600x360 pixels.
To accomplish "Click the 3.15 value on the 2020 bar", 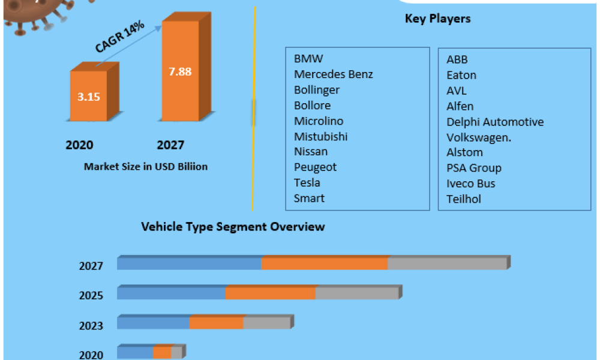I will pos(88,97).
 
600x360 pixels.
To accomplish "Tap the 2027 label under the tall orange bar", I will pos(170,145).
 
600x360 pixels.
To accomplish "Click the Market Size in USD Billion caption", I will pos(146,166).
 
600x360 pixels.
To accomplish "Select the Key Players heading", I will pos(437,19).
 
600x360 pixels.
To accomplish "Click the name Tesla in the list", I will pos(307,182).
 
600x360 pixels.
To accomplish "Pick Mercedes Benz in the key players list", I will pos(333,74).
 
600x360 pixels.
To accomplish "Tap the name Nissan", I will pos(311,151).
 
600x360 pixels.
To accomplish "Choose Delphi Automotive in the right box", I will pos(495,122).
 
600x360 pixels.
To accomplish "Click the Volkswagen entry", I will pos(479,137).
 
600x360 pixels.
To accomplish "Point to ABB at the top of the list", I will pos(457,59).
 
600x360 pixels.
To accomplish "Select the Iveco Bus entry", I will pos(471,184).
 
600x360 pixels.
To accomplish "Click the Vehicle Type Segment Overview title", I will pos(233,227).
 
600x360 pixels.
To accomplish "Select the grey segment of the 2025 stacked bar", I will pos(356,293).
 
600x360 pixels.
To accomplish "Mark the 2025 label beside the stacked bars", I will pos(91,296).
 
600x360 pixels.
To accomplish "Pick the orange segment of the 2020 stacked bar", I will pos(162,353).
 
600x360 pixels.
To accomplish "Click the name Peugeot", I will pos(315,167).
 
